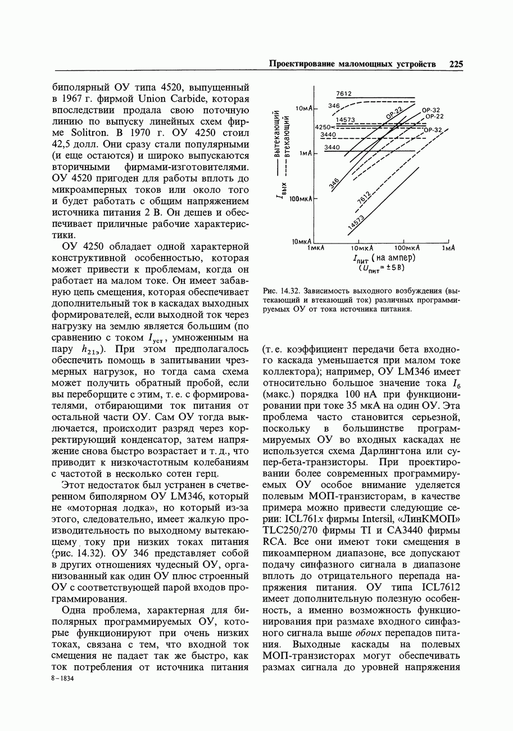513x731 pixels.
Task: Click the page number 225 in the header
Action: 456,64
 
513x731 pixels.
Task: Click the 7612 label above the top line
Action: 344,94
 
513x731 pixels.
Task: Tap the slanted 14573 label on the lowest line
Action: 356,222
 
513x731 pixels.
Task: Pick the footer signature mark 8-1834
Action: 63,679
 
